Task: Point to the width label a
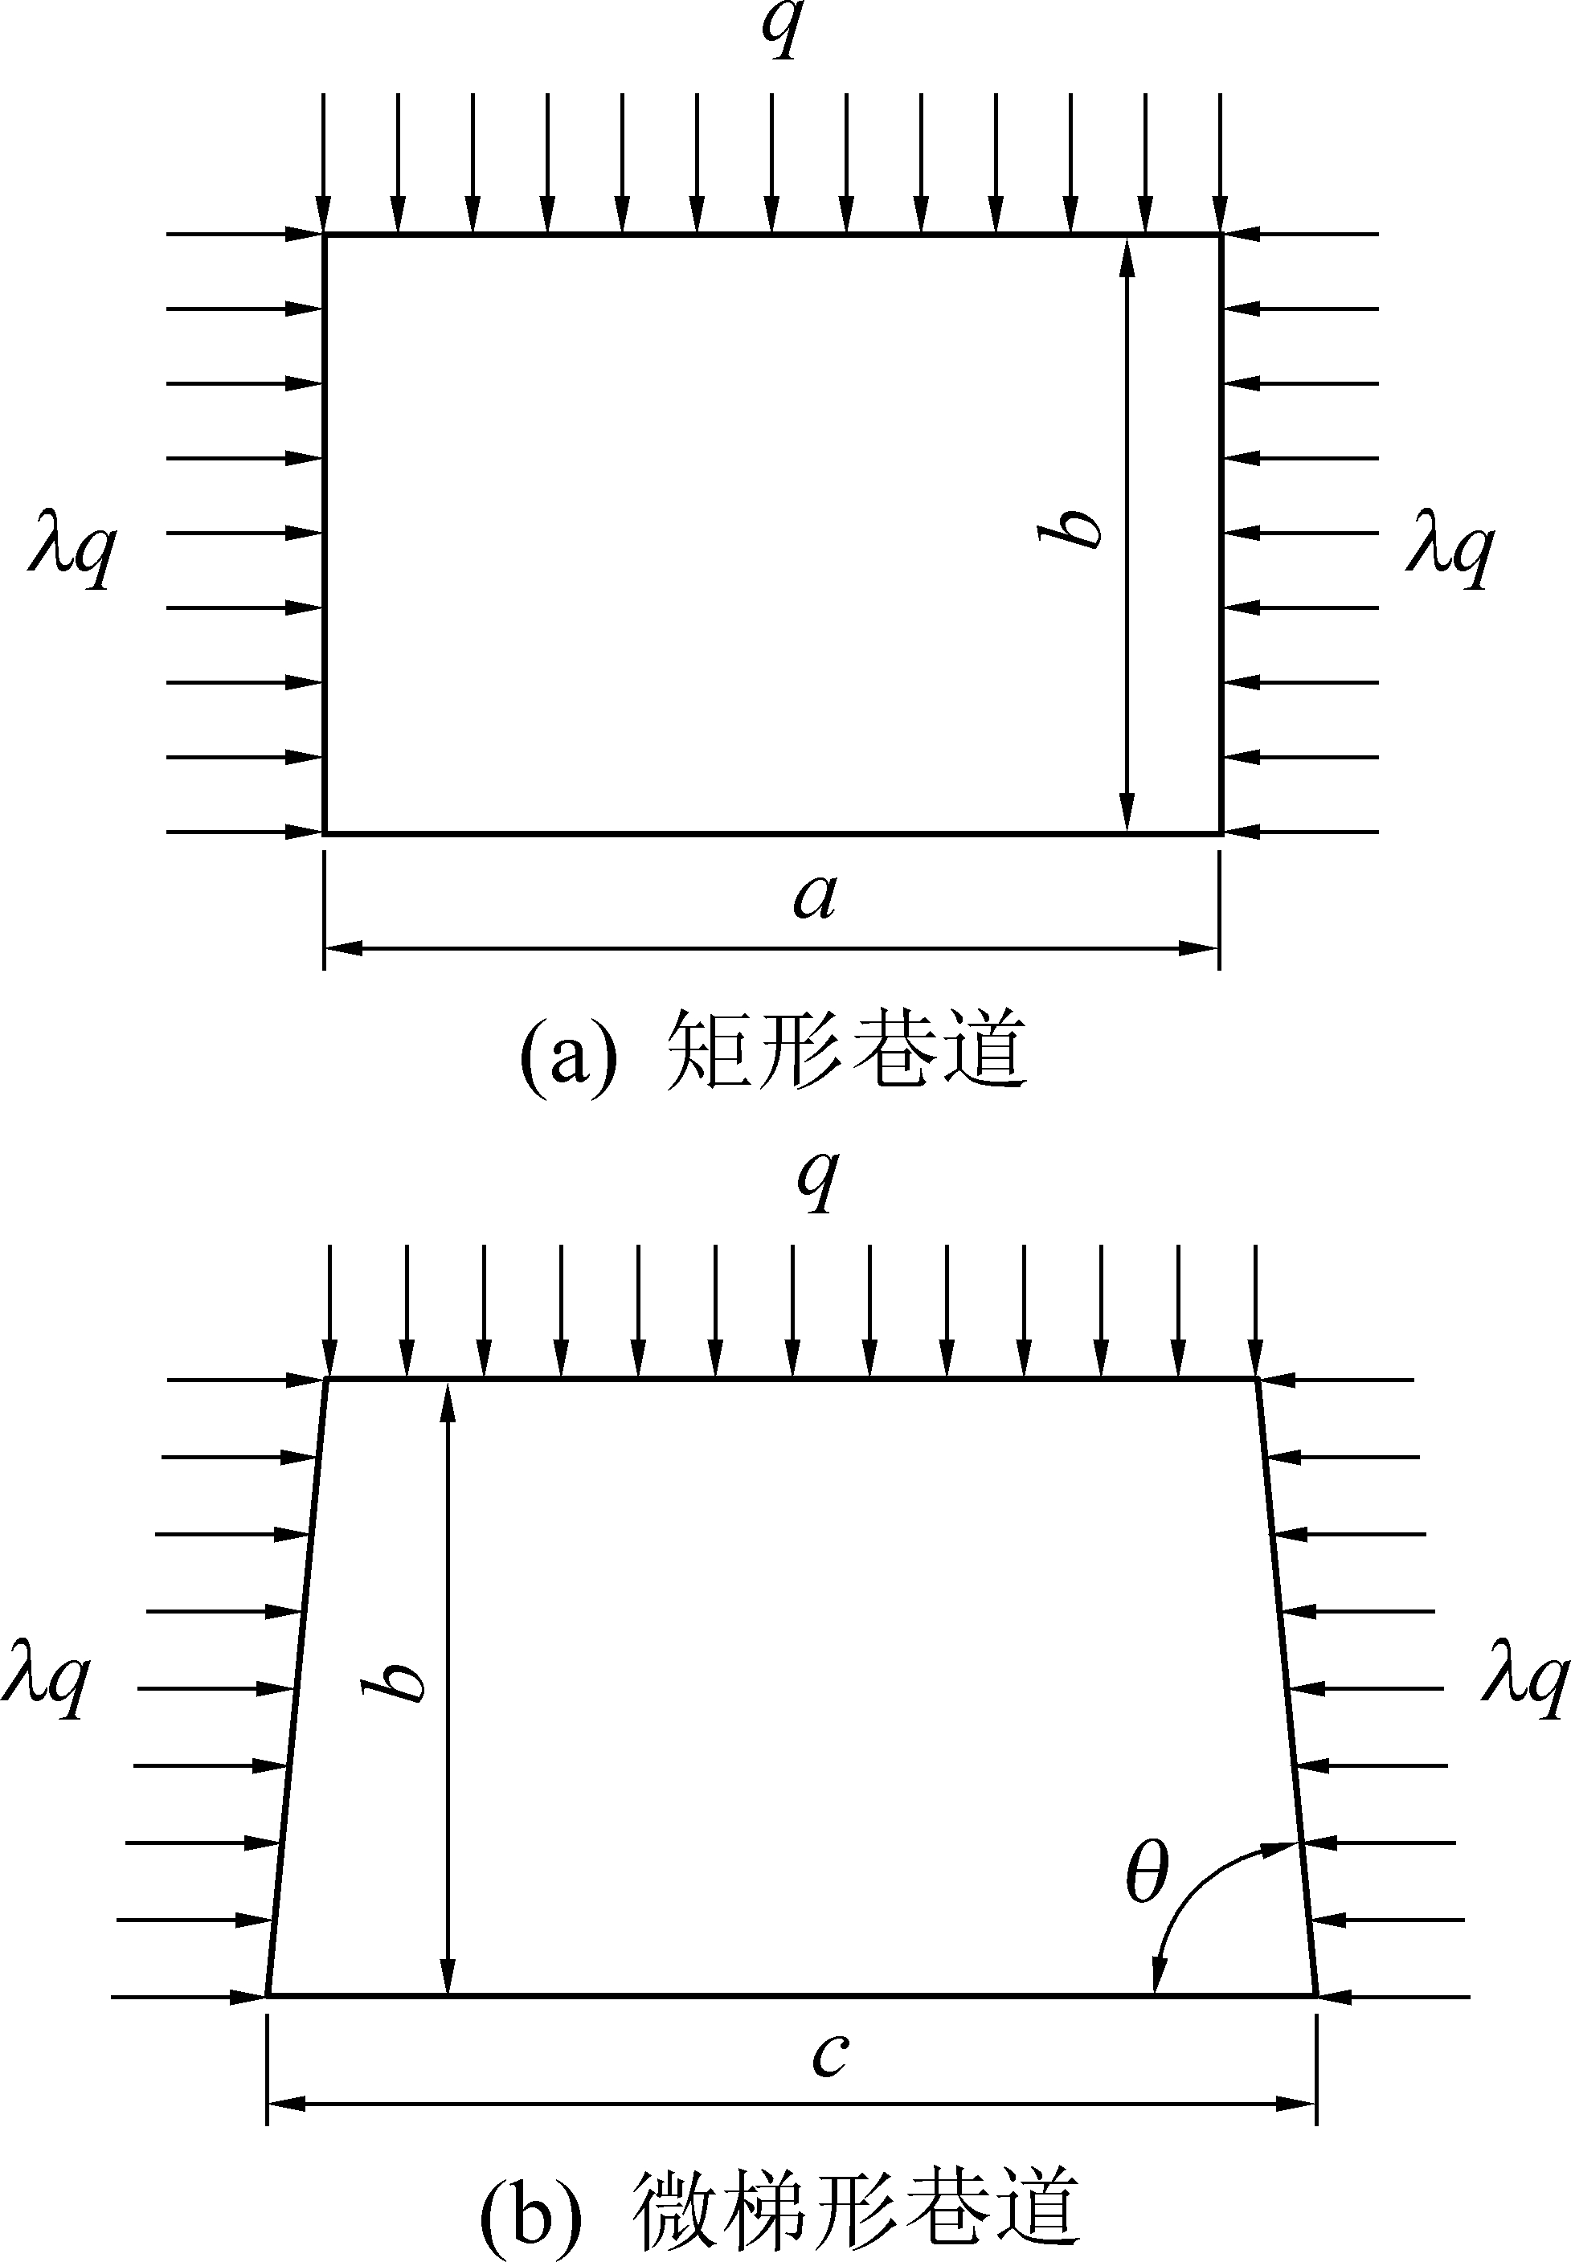point(816,897)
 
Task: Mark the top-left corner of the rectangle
point(325,235)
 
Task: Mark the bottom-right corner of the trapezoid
point(1316,1994)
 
